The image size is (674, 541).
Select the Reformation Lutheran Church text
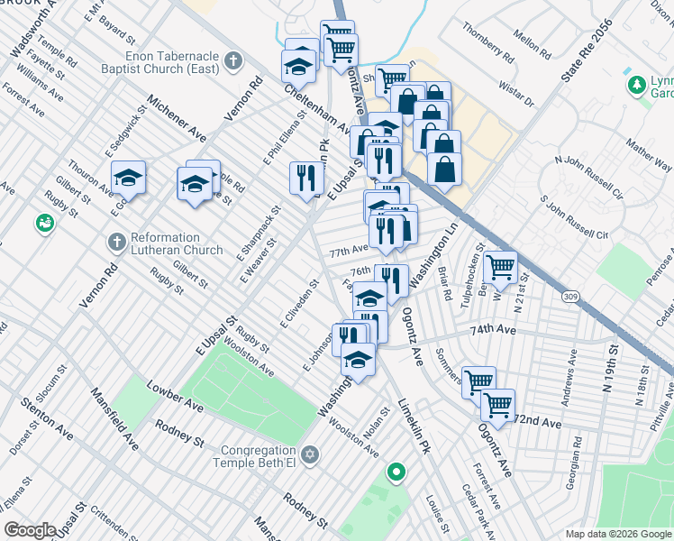pyautogui.click(x=177, y=243)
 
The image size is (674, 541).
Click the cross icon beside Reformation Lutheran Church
pyautogui.click(x=115, y=243)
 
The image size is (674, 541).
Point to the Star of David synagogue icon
pyautogui.click(x=310, y=455)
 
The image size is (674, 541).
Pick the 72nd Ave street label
pyautogui.click(x=538, y=422)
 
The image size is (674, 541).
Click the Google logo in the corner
pyautogui.click(x=30, y=530)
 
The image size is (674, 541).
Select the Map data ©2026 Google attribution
pyautogui.click(x=617, y=533)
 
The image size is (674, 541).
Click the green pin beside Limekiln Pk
pyautogui.click(x=396, y=472)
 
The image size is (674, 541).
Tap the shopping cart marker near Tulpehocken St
pyautogui.click(x=500, y=266)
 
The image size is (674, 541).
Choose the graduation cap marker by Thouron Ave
pyautogui.click(x=128, y=179)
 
